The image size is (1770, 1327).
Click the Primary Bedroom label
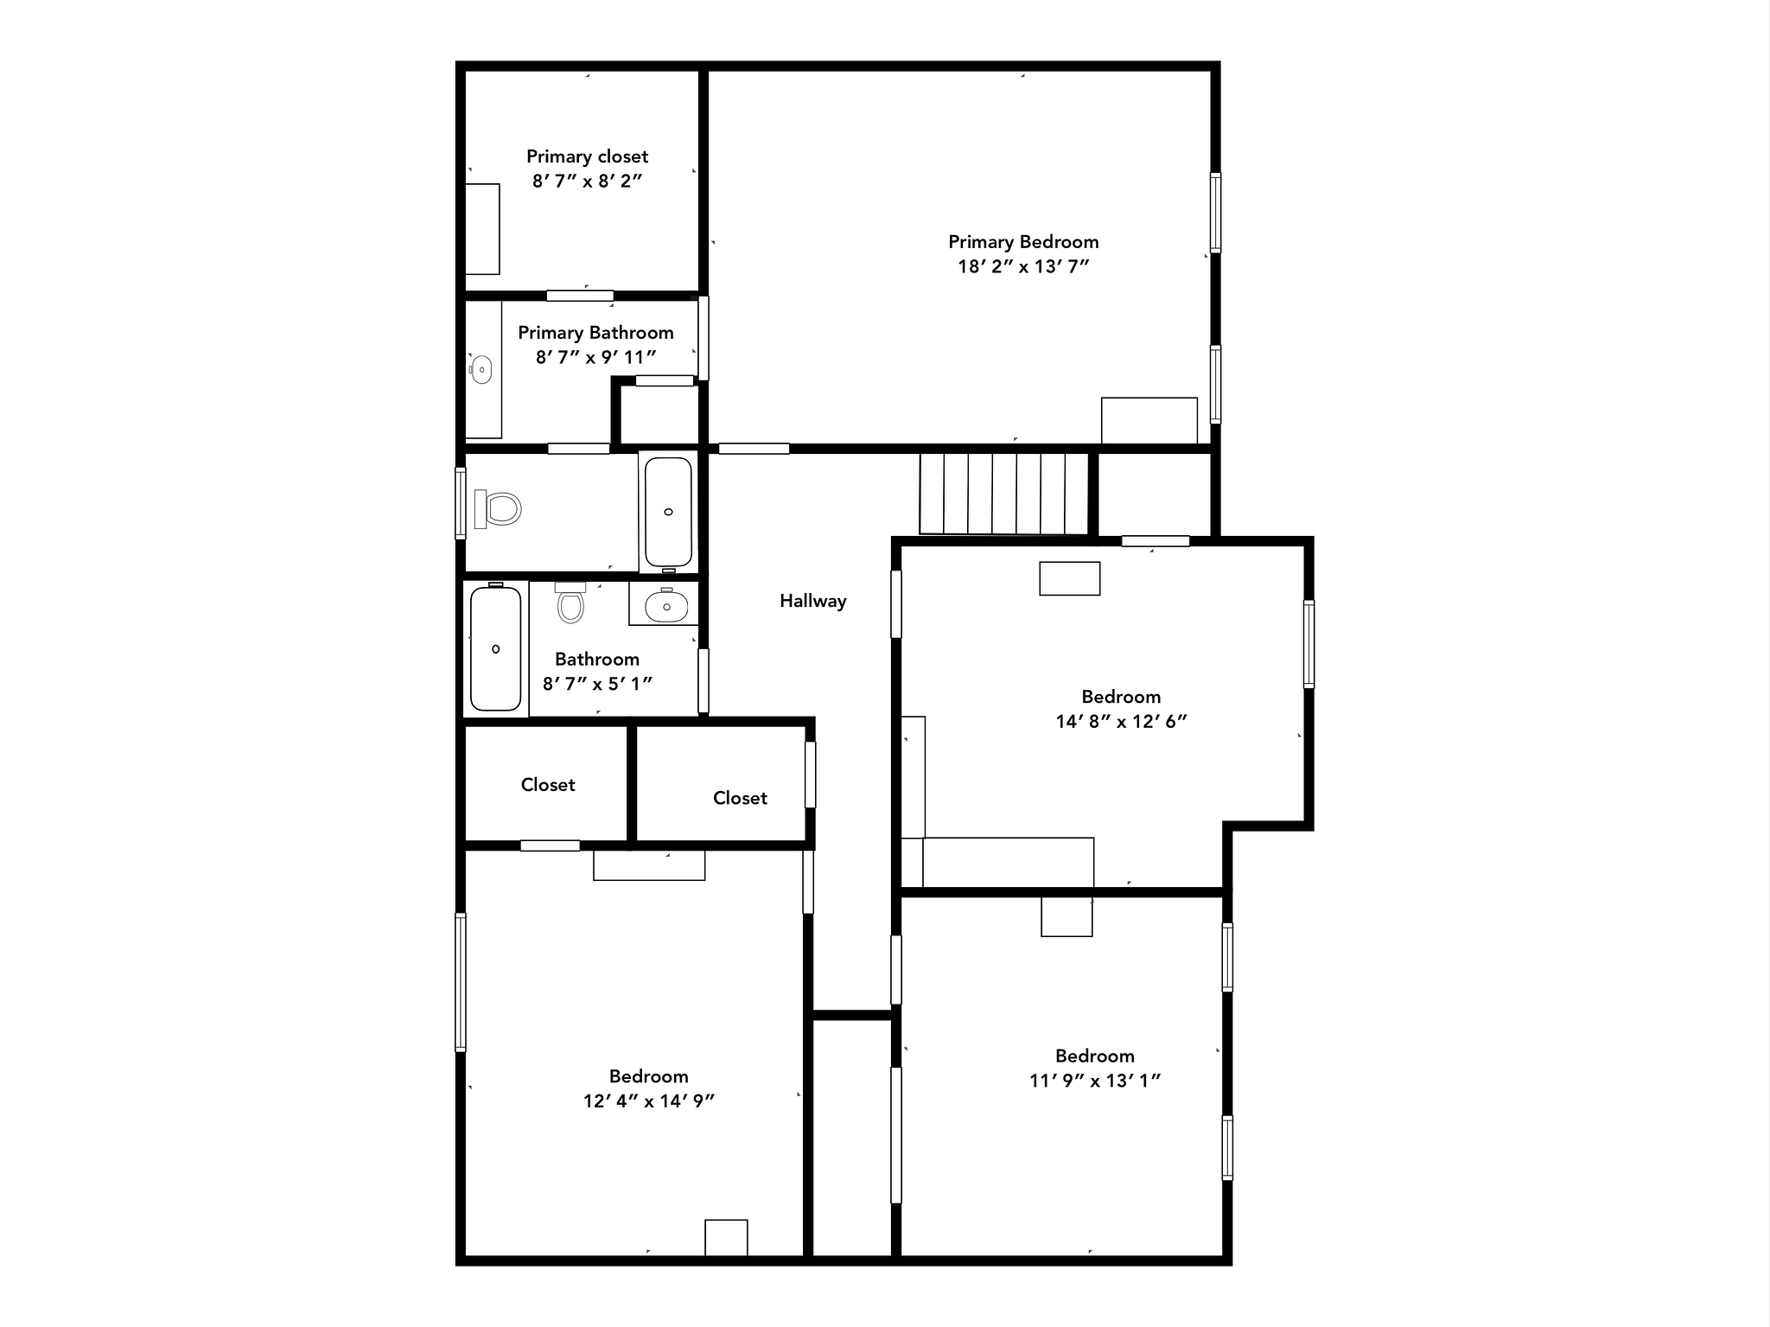(1023, 242)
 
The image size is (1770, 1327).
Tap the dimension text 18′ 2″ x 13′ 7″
(1023, 266)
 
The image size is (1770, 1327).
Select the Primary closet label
(587, 156)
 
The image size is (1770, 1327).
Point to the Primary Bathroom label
(595, 333)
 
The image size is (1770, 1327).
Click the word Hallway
(812, 601)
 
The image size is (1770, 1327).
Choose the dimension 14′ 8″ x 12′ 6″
(1121, 721)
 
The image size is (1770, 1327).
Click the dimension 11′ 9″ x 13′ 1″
(1094, 1080)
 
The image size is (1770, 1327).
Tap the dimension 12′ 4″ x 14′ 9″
(648, 1101)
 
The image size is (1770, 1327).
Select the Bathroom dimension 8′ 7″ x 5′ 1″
(597, 683)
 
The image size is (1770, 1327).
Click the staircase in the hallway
(1003, 494)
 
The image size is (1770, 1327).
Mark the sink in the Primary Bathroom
(481, 370)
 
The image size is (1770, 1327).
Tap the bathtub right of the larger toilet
(668, 512)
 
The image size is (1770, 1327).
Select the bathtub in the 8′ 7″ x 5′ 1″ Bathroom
(495, 648)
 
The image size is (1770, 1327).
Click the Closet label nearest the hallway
(740, 798)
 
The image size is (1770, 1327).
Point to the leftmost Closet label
(548, 784)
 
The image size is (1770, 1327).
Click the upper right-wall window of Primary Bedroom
(1215, 213)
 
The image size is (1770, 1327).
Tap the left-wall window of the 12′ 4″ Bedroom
(461, 982)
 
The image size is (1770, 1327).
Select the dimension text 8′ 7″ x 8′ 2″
(587, 181)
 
